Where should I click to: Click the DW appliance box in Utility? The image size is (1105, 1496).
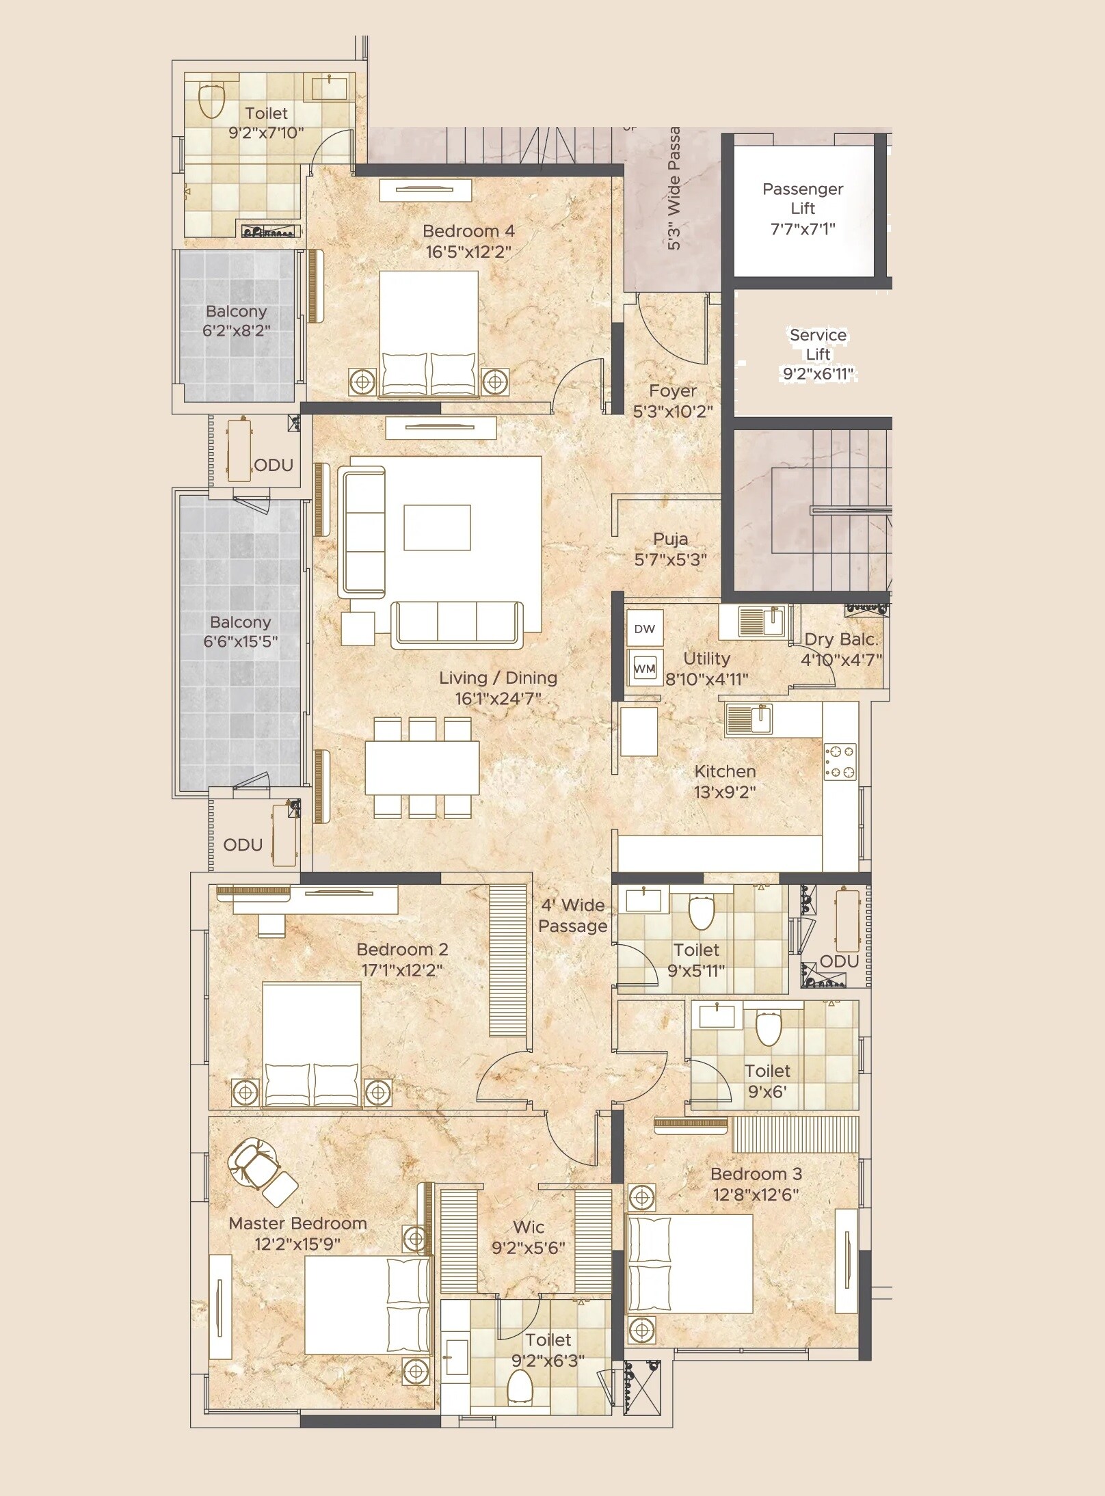[644, 628]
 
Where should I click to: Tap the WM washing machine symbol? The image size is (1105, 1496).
[644, 668]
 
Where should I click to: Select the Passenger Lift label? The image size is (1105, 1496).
[803, 198]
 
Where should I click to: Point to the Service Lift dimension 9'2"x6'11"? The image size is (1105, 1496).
[818, 374]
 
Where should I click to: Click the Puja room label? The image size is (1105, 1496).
[670, 539]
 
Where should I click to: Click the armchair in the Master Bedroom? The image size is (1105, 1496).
[260, 1170]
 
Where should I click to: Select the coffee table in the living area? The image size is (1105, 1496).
[437, 527]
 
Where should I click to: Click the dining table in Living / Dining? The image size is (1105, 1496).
[422, 767]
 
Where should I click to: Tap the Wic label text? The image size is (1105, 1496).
[529, 1227]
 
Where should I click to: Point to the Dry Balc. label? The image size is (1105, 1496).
[840, 639]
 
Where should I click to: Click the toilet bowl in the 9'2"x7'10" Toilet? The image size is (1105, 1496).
[212, 101]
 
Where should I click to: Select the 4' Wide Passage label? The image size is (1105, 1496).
[573, 916]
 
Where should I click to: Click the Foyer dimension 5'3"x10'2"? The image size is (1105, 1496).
[673, 411]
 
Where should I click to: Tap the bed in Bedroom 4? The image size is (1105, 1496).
[429, 333]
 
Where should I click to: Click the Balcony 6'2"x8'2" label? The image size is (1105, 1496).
[237, 321]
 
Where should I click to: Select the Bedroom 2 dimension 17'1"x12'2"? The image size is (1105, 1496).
[402, 970]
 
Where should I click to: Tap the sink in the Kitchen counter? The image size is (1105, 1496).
[749, 719]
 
